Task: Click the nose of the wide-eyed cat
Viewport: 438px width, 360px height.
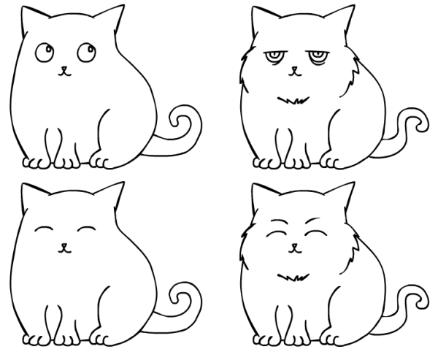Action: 64,71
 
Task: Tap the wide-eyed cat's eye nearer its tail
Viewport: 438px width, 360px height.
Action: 83,52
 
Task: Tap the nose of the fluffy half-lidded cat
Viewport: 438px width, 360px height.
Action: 294,71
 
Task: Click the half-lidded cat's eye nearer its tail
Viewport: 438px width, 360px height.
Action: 316,55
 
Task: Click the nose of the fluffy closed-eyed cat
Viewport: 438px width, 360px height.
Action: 294,246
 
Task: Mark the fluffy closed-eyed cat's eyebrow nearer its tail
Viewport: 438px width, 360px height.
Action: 315,220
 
